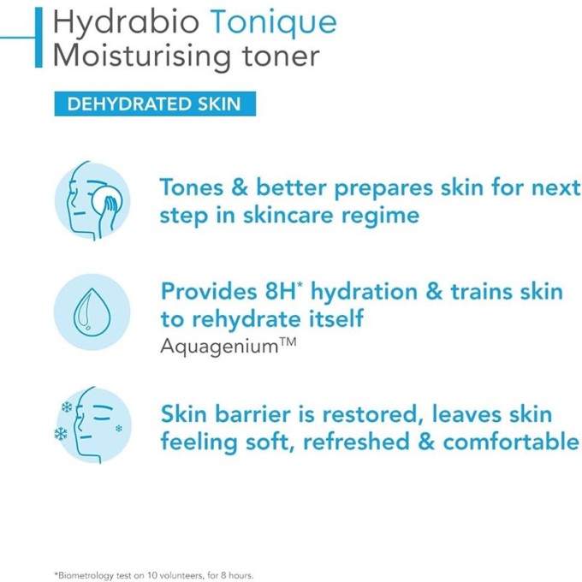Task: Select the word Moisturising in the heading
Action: (136, 57)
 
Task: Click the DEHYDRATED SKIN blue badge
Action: (154, 105)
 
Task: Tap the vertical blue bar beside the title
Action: (39, 39)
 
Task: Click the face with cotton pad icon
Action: (92, 200)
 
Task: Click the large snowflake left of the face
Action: (61, 434)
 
